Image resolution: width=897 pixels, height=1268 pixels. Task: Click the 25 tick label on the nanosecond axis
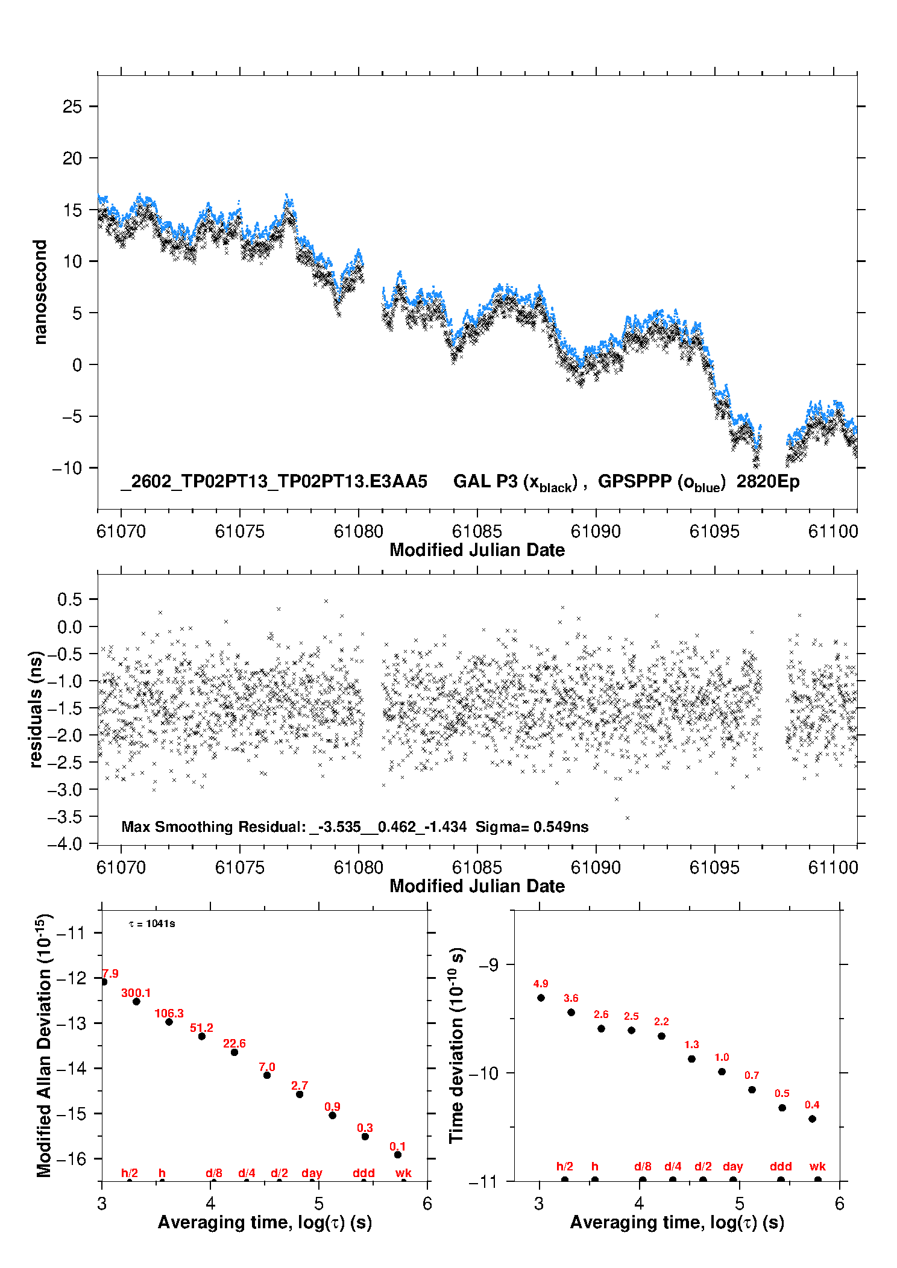pyautogui.click(x=72, y=107)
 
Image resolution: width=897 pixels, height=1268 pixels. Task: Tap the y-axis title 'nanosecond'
pyautogui.click(x=40, y=292)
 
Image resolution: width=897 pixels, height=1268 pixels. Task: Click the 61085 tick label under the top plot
pyautogui.click(x=477, y=531)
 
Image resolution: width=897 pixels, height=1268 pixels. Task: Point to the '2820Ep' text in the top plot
pyautogui.click(x=768, y=481)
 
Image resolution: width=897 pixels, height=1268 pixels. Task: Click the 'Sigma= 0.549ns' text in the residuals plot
pyautogui.click(x=532, y=826)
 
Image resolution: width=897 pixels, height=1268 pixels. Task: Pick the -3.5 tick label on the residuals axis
pyautogui.click(x=65, y=817)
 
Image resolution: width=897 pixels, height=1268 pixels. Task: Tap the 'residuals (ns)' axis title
pyautogui.click(x=36, y=709)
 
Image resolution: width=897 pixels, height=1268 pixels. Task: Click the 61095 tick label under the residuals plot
pyautogui.click(x=714, y=867)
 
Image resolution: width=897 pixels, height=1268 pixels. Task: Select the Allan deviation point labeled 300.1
pyautogui.click(x=136, y=1001)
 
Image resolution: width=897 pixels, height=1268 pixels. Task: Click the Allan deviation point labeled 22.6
pyautogui.click(x=234, y=1052)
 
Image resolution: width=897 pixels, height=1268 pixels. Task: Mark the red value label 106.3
pyautogui.click(x=169, y=1013)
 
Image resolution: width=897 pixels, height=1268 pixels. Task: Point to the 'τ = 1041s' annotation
pyautogui.click(x=152, y=923)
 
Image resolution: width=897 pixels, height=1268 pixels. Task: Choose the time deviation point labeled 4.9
pyautogui.click(x=541, y=998)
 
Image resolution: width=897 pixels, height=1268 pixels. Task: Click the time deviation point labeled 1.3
pyautogui.click(x=691, y=1058)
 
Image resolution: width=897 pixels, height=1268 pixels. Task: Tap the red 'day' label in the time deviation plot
pyautogui.click(x=732, y=1166)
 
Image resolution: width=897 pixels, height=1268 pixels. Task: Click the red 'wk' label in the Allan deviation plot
pyautogui.click(x=403, y=1173)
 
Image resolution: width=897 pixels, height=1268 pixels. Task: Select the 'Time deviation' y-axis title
pyautogui.click(x=456, y=1045)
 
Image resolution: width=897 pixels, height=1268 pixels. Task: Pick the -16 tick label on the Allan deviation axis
pyautogui.click(x=71, y=1158)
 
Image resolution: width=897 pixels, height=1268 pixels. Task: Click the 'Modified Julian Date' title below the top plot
pyautogui.click(x=477, y=550)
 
